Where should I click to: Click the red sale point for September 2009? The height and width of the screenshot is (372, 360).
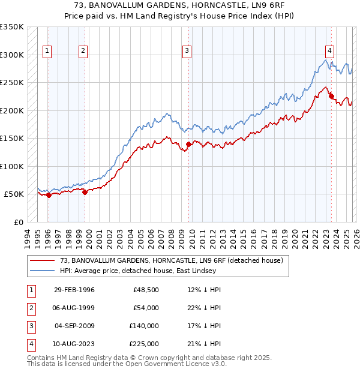[188, 144]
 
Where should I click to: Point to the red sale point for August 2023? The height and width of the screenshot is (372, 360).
[331, 96]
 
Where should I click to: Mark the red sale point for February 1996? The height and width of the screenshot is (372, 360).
[49, 195]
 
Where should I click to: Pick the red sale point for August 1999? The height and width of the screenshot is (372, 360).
[85, 192]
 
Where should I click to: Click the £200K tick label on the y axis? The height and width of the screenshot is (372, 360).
[12, 110]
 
